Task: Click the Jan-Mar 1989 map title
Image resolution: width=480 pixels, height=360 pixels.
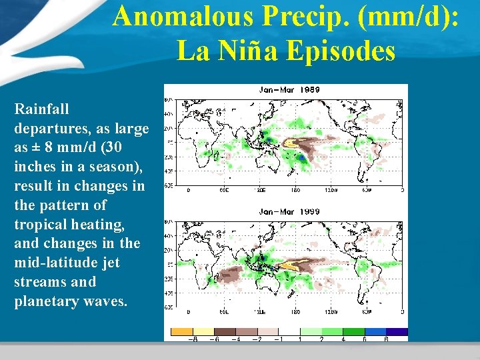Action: point(289,89)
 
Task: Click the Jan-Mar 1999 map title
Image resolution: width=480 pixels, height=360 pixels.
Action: point(289,211)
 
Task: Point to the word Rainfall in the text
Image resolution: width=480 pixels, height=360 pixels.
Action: point(41,108)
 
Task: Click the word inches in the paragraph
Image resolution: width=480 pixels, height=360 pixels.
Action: point(33,166)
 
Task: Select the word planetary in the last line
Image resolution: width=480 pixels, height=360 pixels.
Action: point(46,301)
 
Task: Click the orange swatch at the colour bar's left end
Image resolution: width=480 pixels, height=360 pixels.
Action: point(182,331)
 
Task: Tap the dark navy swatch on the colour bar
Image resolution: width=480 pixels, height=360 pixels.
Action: point(397,331)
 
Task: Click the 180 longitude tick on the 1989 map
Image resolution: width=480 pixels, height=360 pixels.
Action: point(295,189)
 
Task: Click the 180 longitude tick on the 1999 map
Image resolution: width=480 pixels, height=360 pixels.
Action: point(295,311)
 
